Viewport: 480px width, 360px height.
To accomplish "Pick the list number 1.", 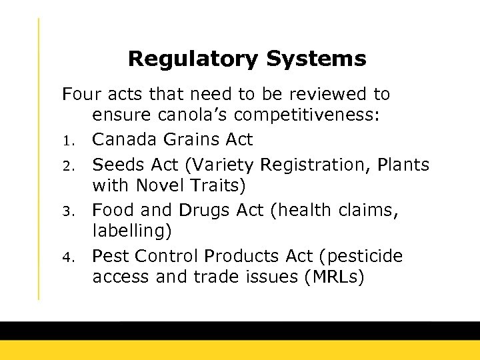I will (x=67, y=141).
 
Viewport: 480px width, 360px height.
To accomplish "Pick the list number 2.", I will (x=67, y=164).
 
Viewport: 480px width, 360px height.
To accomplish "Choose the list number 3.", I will (x=67, y=211).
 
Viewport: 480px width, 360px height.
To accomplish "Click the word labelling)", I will (x=132, y=233).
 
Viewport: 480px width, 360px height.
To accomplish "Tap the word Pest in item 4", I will (x=109, y=256).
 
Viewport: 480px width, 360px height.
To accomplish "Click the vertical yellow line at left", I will (x=39, y=160).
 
